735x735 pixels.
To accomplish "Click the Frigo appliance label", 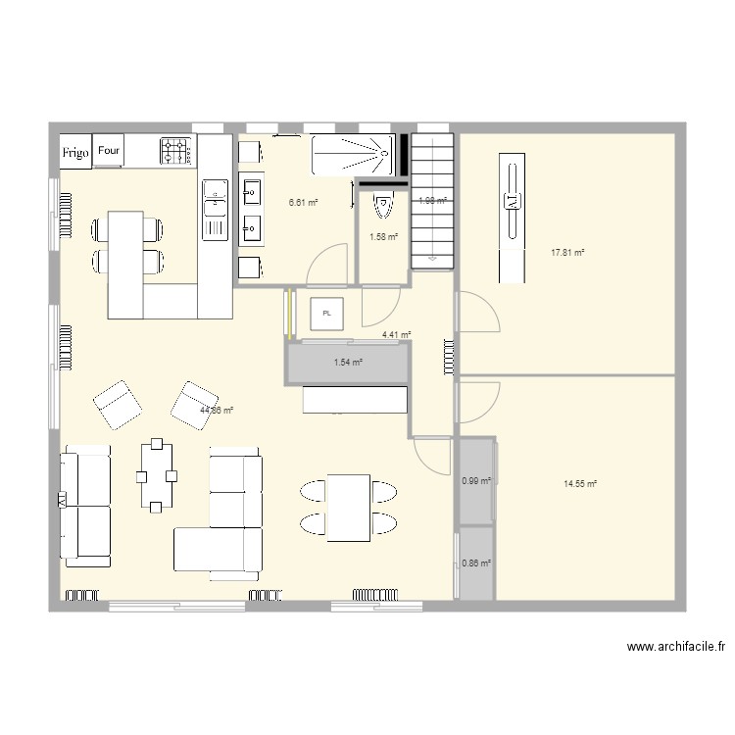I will [75, 152].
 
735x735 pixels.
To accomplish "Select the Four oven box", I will [109, 151].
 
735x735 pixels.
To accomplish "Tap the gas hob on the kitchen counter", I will [177, 150].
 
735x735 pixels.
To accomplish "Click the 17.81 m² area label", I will [567, 252].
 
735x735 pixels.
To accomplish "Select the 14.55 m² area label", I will [580, 483].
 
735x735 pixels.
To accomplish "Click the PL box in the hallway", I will [327, 314].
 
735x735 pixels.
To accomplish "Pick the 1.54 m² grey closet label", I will [348, 363].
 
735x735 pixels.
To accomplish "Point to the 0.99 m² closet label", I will [475, 481].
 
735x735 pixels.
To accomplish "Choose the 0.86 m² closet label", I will [475, 563].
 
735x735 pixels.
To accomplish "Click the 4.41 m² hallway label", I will [396, 335].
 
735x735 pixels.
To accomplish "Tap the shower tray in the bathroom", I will [353, 154].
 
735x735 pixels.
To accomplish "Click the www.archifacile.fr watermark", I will [676, 647].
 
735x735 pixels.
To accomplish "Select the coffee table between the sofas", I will [157, 476].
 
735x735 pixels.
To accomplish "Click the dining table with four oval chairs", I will [348, 507].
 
